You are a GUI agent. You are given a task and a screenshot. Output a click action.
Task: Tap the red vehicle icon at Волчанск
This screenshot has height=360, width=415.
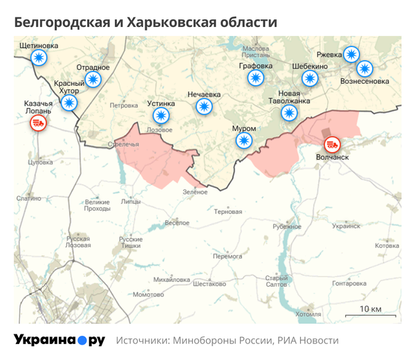point(333,144)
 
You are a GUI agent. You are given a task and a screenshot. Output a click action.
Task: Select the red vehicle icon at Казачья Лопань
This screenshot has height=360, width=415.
point(38,124)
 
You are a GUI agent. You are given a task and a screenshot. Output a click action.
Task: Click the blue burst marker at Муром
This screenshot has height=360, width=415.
point(243,141)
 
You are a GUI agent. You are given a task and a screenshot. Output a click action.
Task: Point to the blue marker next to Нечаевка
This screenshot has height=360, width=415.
point(204,106)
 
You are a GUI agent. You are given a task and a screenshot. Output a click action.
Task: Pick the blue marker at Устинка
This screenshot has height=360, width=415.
point(161,116)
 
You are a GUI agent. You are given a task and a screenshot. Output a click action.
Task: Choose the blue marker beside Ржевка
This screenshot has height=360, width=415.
point(352,54)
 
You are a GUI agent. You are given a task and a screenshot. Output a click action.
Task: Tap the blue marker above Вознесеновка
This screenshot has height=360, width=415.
point(365,69)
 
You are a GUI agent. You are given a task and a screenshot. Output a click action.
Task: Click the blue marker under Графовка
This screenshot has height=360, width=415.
point(255,78)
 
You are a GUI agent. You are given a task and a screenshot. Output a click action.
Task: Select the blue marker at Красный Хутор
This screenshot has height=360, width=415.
point(69,103)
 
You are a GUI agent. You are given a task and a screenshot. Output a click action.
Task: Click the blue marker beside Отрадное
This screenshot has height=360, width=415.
point(93,79)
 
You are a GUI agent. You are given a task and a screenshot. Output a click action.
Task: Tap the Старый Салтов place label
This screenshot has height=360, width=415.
point(277,280)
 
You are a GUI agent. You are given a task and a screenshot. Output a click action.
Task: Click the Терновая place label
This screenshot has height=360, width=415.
point(228,211)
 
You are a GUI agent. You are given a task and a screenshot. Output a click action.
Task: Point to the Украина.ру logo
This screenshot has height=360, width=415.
point(59,340)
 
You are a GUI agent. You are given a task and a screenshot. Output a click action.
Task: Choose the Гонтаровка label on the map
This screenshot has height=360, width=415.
point(349,283)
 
